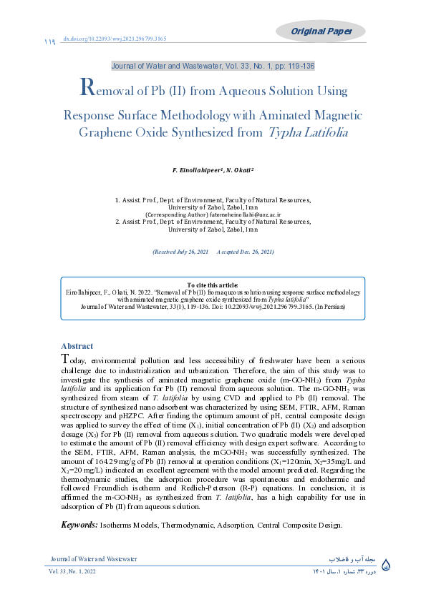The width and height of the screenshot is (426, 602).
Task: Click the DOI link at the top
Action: point(115,39)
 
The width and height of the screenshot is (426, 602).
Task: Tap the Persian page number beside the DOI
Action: point(49,41)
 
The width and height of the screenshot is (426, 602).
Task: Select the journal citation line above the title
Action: point(213,66)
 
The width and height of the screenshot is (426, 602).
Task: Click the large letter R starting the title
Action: point(86,88)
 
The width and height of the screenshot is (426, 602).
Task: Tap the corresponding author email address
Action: point(243,214)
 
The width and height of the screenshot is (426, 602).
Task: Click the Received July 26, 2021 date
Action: point(180,252)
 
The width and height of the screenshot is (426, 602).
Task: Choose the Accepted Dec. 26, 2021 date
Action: point(245,252)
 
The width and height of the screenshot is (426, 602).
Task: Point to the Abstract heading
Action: point(77,345)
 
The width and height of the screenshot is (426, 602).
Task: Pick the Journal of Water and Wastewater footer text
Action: point(93,558)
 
